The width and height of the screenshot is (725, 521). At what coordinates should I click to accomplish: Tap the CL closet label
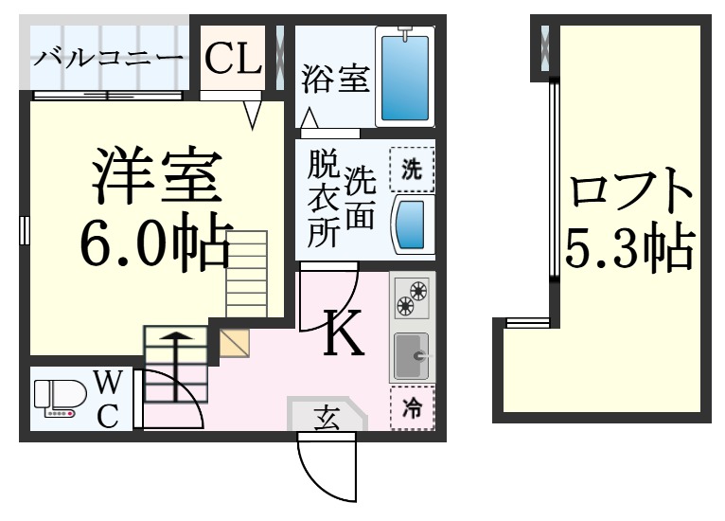(x=233, y=59)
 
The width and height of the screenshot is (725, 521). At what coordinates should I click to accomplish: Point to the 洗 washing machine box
(x=412, y=171)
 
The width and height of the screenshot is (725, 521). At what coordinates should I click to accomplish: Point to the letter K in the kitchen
(x=345, y=333)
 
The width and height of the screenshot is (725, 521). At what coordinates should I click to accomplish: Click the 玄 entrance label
(x=326, y=416)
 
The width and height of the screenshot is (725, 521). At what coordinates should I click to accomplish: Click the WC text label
(x=108, y=399)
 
